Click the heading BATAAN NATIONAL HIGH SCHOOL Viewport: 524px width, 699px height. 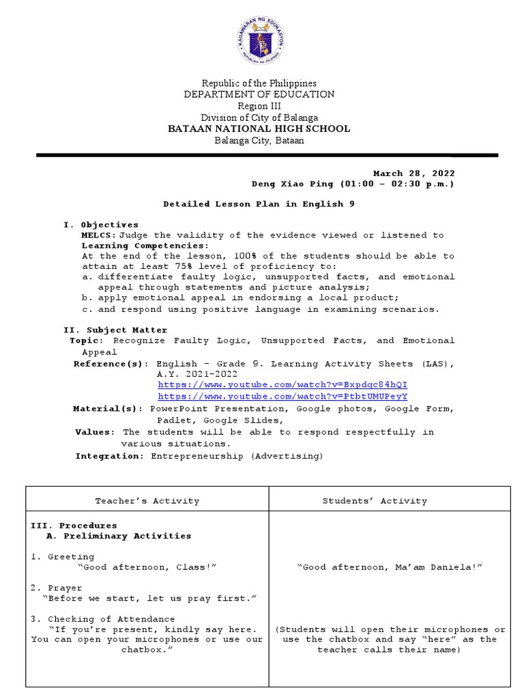pos(259,128)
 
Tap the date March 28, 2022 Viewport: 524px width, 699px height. pos(413,173)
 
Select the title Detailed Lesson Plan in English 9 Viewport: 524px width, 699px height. pos(259,204)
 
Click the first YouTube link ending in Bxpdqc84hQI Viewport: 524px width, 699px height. pos(282,385)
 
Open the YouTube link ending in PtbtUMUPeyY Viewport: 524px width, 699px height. pos(282,396)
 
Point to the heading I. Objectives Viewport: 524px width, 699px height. pos(101,225)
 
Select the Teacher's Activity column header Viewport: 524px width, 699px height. pos(147,500)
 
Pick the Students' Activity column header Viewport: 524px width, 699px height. pos(375,500)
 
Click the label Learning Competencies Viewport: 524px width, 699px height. pos(143,246)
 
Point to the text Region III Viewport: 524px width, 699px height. pos(259,106)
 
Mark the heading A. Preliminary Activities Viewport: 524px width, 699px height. pos(118,536)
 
